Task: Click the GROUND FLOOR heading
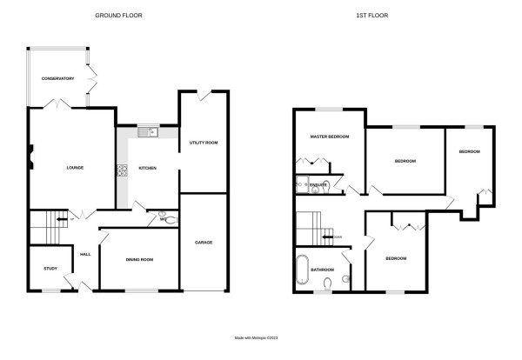click(x=118, y=16)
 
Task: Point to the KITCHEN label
click(x=147, y=167)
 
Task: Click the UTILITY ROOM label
click(x=204, y=142)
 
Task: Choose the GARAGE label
click(x=204, y=242)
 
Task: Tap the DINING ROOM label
click(x=139, y=259)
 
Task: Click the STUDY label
click(x=50, y=268)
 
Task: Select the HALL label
click(x=85, y=254)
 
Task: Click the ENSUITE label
click(x=319, y=185)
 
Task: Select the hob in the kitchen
click(x=121, y=170)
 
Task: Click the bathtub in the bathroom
click(x=302, y=270)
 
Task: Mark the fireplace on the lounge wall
click(x=32, y=157)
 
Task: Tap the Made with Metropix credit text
click(x=260, y=338)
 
